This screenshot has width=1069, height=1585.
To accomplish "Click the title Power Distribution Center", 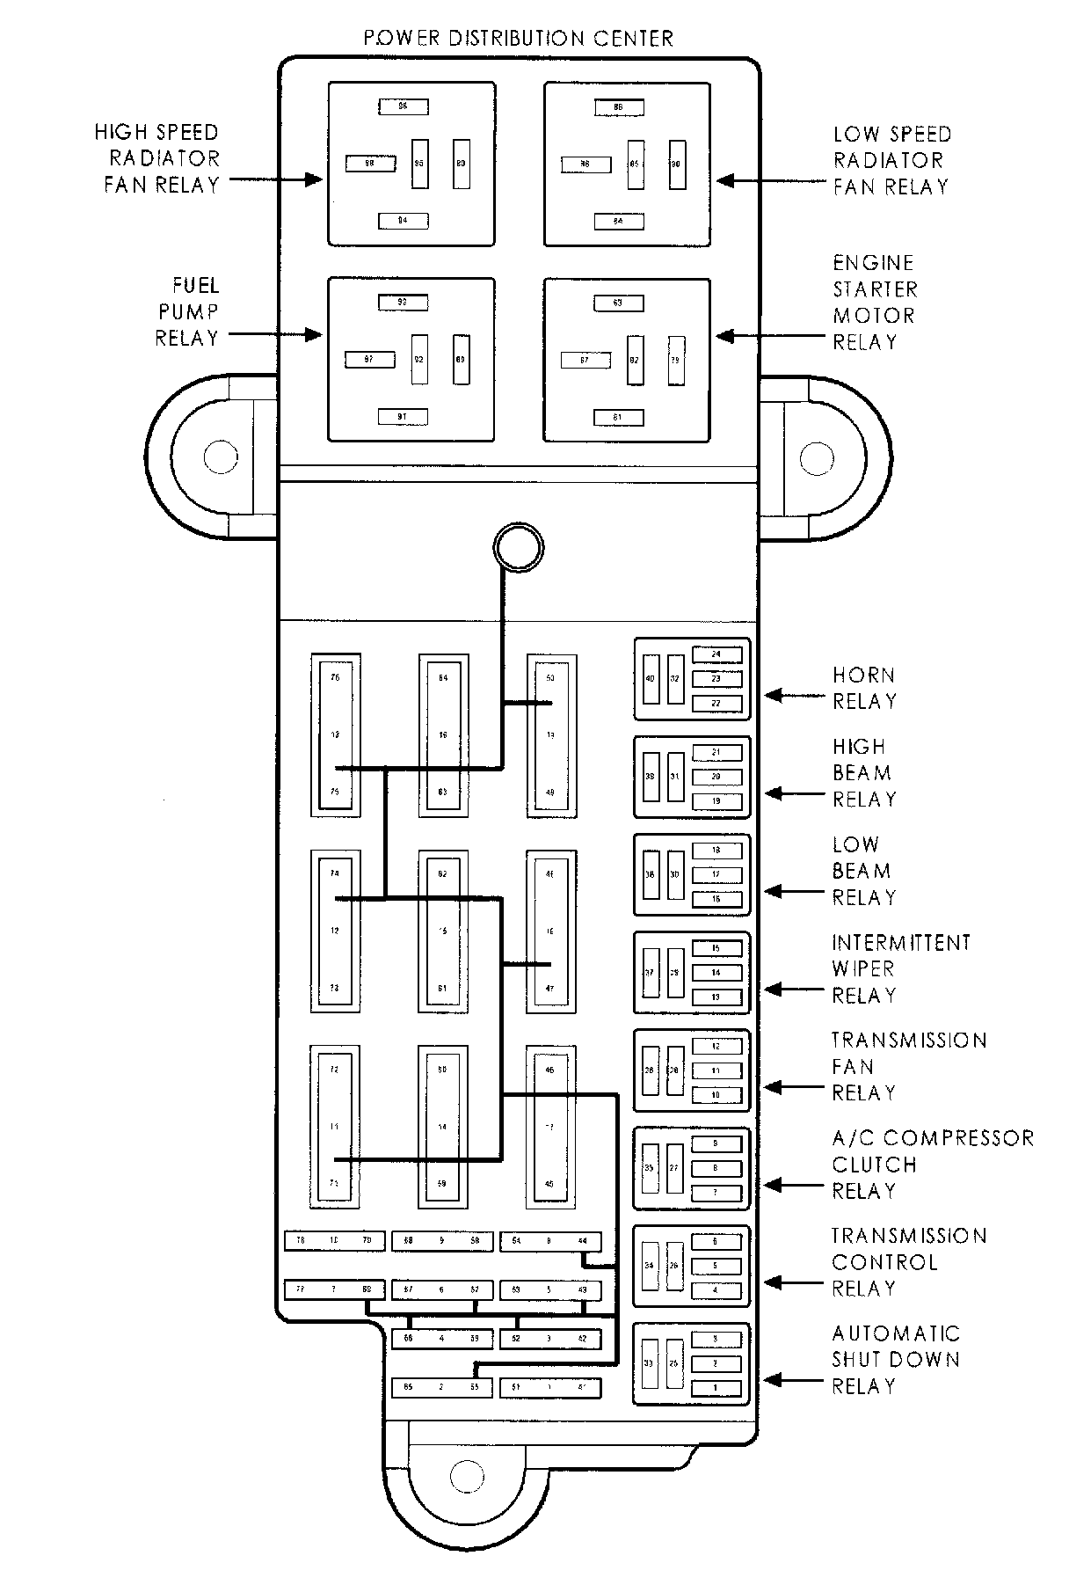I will pyautogui.click(x=519, y=39).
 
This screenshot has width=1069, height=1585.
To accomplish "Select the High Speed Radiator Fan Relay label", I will pyautogui.click(x=157, y=158).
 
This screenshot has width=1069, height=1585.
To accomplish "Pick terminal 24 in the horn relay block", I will pyautogui.click(x=716, y=654).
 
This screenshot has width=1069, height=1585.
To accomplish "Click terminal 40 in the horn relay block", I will pyautogui.click(x=651, y=679).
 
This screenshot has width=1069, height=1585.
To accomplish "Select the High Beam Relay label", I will pyautogui.click(x=864, y=773).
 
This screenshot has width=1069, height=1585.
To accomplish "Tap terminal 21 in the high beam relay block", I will pyautogui.click(x=716, y=752).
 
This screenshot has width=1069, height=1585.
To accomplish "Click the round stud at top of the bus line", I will pyautogui.click(x=518, y=547).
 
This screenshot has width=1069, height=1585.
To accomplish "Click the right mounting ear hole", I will pyautogui.click(x=818, y=457).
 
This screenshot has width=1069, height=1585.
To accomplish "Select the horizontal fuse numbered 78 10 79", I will pyautogui.click(x=335, y=1241).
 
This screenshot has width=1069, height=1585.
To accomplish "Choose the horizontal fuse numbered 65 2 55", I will pyautogui.click(x=442, y=1388).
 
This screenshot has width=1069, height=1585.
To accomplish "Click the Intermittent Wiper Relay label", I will pyautogui.click(x=901, y=969).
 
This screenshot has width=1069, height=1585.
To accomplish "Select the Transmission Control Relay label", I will pyautogui.click(x=909, y=1262).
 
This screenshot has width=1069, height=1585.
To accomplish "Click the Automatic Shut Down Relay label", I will pyautogui.click(x=896, y=1360).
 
